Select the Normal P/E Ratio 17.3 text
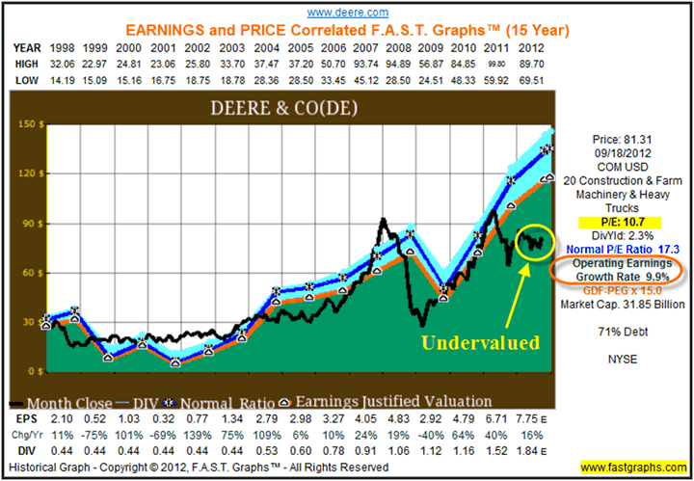pyautogui.click(x=624, y=249)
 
